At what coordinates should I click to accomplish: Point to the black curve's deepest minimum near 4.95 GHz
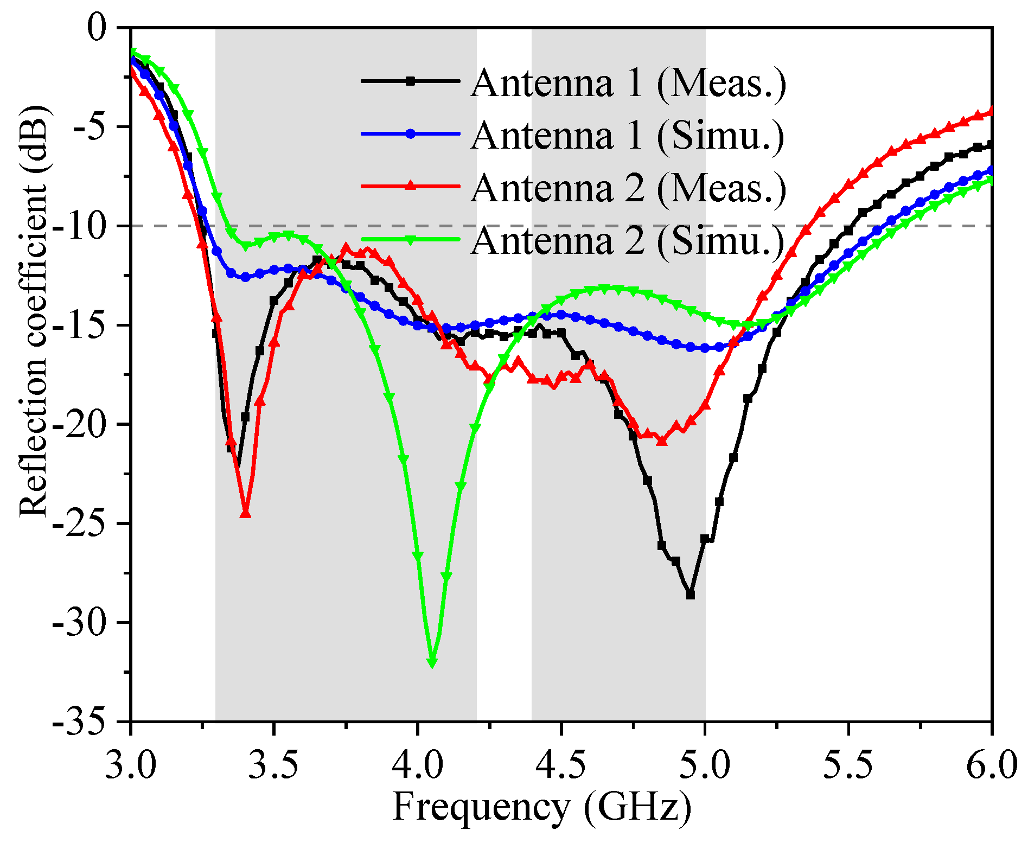(x=691, y=595)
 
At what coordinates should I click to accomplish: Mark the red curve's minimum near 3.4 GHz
(x=245, y=513)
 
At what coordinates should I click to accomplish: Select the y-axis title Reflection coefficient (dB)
(x=34, y=312)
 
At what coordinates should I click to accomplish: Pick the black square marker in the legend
(x=411, y=81)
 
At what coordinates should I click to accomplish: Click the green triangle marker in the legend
(x=411, y=240)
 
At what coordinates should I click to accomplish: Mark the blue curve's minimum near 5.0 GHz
(x=705, y=348)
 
